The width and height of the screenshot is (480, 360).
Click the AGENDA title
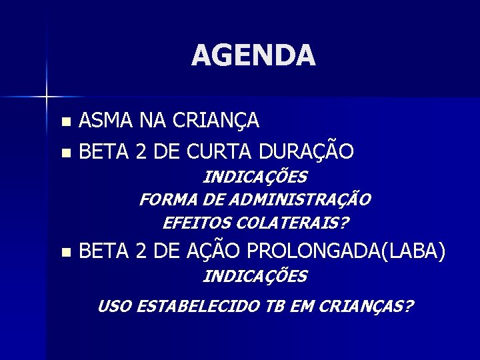click(x=253, y=55)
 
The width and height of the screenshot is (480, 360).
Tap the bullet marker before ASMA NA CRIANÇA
click(x=64, y=121)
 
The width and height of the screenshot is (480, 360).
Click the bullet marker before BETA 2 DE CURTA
click(x=64, y=153)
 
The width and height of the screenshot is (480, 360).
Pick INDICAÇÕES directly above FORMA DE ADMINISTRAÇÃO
click(x=255, y=177)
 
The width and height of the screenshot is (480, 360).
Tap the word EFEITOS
click(x=194, y=222)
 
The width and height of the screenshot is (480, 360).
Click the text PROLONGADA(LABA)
click(x=347, y=252)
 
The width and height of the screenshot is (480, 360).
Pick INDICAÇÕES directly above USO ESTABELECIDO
click(x=255, y=276)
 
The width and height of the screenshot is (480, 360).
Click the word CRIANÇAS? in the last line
click(x=366, y=307)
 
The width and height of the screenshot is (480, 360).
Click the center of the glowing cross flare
click(x=47, y=97)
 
